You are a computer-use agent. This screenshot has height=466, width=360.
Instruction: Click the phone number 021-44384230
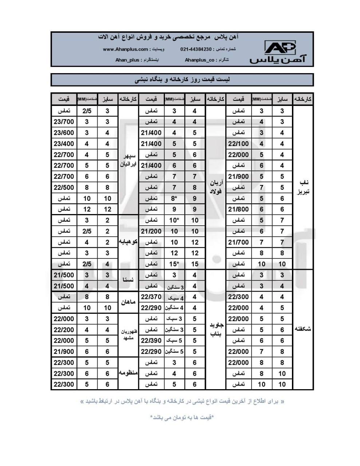tap(196, 49)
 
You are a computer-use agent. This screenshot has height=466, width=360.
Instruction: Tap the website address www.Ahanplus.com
tap(126, 49)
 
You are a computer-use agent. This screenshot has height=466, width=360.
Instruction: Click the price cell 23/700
tap(64, 122)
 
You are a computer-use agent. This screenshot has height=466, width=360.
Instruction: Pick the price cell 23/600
tap(64, 133)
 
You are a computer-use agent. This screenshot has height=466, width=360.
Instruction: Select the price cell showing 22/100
tap(238, 144)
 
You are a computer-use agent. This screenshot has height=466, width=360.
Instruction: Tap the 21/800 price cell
tap(238, 209)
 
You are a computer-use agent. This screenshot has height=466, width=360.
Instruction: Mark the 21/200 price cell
tap(151, 231)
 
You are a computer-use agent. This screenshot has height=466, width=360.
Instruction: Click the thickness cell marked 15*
tap(174, 264)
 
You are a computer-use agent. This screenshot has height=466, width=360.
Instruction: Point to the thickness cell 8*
tap(174, 198)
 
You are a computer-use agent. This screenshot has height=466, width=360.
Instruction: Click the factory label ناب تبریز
tap(303, 187)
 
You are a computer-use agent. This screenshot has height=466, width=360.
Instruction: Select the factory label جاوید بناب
tap(216, 329)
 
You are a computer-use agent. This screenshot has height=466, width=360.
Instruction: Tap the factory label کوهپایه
tap(128, 242)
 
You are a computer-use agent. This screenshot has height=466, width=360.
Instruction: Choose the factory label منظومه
tap(128, 373)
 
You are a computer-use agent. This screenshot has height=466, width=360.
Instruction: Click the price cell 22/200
tap(64, 329)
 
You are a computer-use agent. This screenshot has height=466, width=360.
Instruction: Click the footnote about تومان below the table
tap(182, 417)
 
